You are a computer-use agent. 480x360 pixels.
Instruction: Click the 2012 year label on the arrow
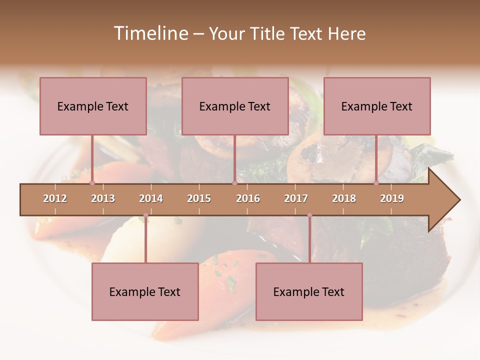pyautogui.click(x=55, y=198)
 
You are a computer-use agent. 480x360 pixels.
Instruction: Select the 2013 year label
pyautogui.click(x=103, y=198)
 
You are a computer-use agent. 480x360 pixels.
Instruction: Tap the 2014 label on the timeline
pyautogui.click(x=151, y=198)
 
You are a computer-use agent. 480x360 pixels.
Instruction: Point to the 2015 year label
pyautogui.click(x=199, y=198)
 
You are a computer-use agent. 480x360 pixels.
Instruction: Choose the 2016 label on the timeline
pyautogui.click(x=248, y=198)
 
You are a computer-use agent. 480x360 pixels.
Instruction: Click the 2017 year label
pyautogui.click(x=296, y=198)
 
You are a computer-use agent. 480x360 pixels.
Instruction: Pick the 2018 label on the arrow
pyautogui.click(x=344, y=198)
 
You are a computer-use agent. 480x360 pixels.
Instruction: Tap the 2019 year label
pyautogui.click(x=392, y=198)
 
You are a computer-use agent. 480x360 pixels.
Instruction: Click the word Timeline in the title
pyautogui.click(x=150, y=33)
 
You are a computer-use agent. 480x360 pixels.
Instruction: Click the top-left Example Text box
pyautogui.click(x=93, y=106)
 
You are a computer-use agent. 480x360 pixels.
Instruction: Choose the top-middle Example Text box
pyautogui.click(x=235, y=106)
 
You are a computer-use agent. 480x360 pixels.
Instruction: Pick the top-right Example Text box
pyautogui.click(x=377, y=106)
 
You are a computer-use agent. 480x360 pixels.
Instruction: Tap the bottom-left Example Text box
pyautogui.click(x=145, y=291)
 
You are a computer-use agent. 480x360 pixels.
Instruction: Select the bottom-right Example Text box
pyautogui.click(x=309, y=291)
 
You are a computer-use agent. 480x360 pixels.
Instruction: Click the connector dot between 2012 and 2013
pyautogui.click(x=92, y=183)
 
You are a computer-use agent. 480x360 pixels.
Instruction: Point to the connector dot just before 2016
pyautogui.click(x=234, y=183)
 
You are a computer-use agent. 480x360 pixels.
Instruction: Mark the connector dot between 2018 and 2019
pyautogui.click(x=376, y=183)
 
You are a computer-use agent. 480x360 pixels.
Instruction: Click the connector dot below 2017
pyautogui.click(x=309, y=215)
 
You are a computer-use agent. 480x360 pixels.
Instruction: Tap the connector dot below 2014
pyautogui.click(x=145, y=215)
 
